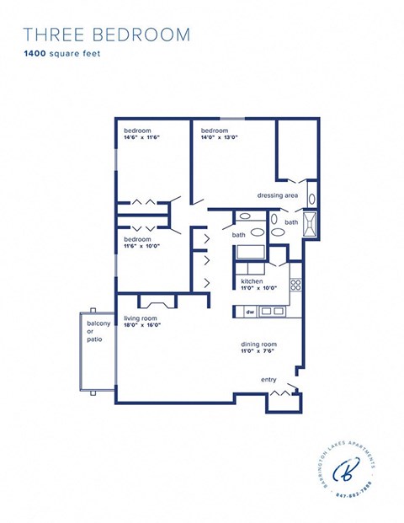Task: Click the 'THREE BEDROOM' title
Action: [106, 35]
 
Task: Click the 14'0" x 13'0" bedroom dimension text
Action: [219, 138]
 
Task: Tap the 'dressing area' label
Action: [278, 195]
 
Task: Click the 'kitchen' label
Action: [252, 281]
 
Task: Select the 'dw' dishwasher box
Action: [250, 312]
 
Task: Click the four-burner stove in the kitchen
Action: [295, 286]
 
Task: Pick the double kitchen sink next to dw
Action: [272, 312]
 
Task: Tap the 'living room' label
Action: [142, 318]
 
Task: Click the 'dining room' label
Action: [258, 344]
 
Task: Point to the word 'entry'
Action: [268, 380]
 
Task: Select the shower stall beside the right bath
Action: [312, 225]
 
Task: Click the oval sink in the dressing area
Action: [311, 200]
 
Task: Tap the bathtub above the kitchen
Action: [250, 252]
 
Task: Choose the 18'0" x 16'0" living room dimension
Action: [143, 325]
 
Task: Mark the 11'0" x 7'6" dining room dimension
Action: [258, 352]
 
